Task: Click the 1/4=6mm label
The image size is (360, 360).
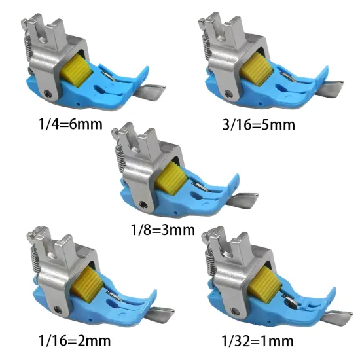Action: (71, 124)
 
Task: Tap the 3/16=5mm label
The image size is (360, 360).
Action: (259, 125)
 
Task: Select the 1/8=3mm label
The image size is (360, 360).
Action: (163, 230)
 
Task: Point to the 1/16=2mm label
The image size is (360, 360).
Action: (75, 341)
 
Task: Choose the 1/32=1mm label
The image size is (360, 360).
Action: (257, 341)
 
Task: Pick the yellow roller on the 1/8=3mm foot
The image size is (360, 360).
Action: (171, 179)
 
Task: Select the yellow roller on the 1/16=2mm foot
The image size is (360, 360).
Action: (87, 284)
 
